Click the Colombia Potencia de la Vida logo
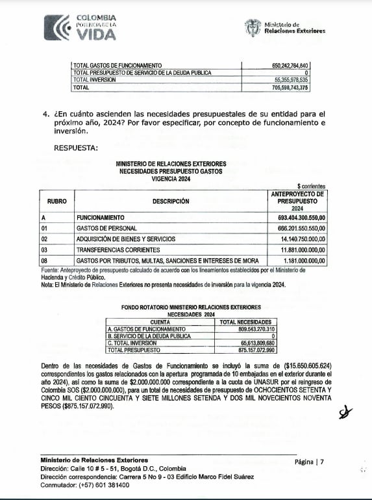click(81, 25)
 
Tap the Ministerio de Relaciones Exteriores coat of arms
click(253, 27)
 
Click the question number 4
click(46, 113)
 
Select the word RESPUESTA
click(76, 148)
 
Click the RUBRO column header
click(56, 202)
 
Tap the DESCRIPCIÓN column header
click(171, 202)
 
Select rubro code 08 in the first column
click(45, 260)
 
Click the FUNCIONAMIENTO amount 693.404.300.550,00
click(296, 217)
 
